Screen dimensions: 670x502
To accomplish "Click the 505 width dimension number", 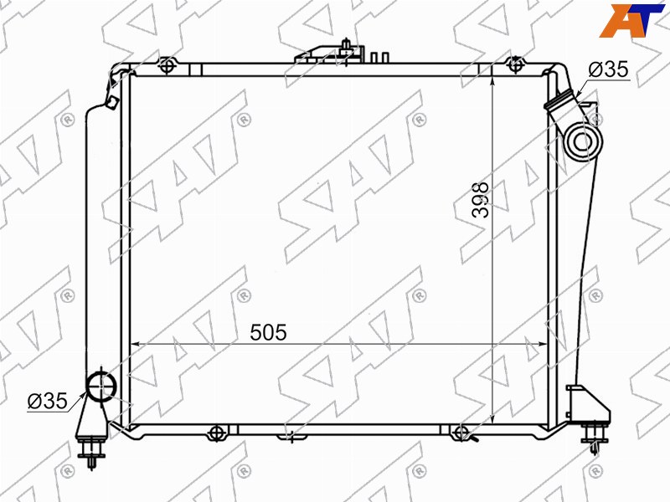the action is click(268, 332).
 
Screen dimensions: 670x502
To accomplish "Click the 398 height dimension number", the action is click(481, 200).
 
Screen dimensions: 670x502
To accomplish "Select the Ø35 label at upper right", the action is click(608, 69).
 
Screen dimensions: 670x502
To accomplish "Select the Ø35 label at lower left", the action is click(48, 401).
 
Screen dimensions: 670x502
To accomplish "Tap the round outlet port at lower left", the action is click(101, 386).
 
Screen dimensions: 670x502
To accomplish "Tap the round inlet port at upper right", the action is click(583, 141).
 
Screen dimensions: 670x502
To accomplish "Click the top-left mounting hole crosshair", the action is click(167, 66).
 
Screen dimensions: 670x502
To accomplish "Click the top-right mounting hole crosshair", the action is click(515, 65).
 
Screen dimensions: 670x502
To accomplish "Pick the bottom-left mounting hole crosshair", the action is click(217, 433).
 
